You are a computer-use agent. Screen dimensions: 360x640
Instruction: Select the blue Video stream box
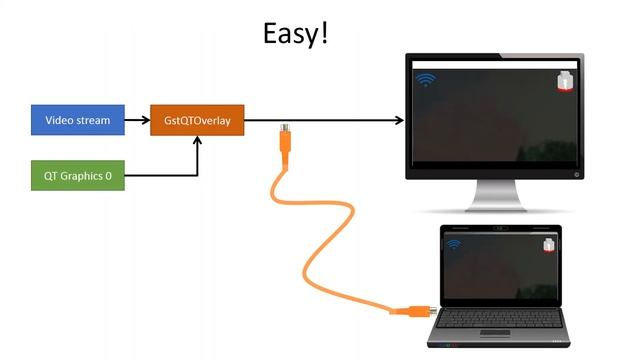click(x=78, y=121)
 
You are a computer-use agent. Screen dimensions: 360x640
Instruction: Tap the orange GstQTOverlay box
click(x=197, y=121)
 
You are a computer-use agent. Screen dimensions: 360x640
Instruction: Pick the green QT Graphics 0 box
click(x=78, y=177)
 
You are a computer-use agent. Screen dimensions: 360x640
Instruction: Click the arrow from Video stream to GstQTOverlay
click(x=137, y=121)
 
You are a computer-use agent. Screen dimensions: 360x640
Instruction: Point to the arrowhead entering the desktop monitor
click(x=399, y=121)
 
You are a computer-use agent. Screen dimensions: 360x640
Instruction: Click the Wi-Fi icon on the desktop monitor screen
click(x=426, y=79)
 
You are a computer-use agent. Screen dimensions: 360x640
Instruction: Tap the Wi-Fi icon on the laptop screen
click(x=453, y=243)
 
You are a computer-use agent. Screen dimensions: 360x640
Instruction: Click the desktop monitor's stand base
click(x=497, y=207)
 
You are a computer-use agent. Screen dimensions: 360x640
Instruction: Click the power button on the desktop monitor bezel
click(x=577, y=172)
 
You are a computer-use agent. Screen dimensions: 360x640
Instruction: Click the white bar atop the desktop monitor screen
click(x=497, y=65)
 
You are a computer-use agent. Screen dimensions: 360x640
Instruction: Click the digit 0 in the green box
click(x=108, y=177)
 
